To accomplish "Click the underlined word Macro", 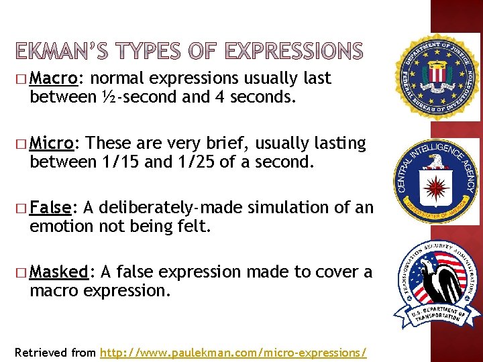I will [55, 78].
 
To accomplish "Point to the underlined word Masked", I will [60, 272].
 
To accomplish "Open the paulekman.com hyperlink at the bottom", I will [233, 351].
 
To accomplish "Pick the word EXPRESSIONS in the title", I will [294, 51].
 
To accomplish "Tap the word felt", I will [194, 227].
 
